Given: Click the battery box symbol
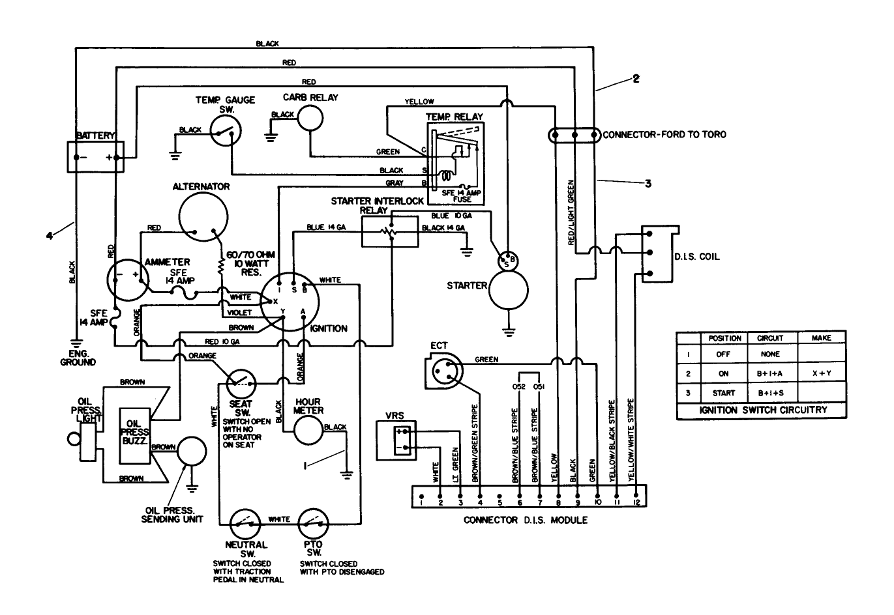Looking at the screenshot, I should click(95, 156).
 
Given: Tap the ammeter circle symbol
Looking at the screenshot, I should click(126, 276).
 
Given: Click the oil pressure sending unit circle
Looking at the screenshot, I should click(190, 450).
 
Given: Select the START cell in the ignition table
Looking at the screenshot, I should click(723, 393).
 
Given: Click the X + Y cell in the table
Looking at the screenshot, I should click(822, 373).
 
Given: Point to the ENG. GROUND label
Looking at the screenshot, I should click(78, 358).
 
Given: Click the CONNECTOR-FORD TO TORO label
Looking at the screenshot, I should click(664, 135).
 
